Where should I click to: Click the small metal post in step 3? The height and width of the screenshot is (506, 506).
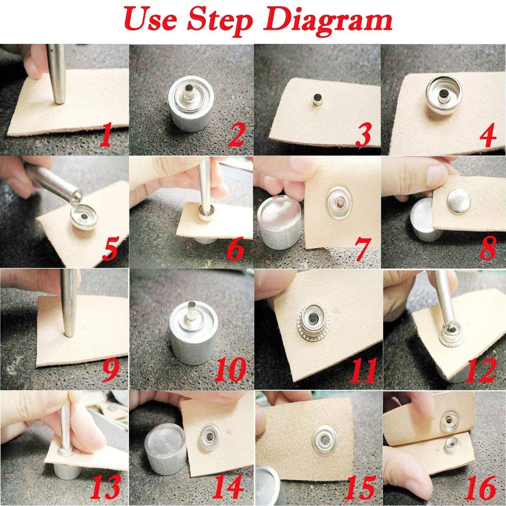(316, 100)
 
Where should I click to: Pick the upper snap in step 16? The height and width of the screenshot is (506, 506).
(448, 420)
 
